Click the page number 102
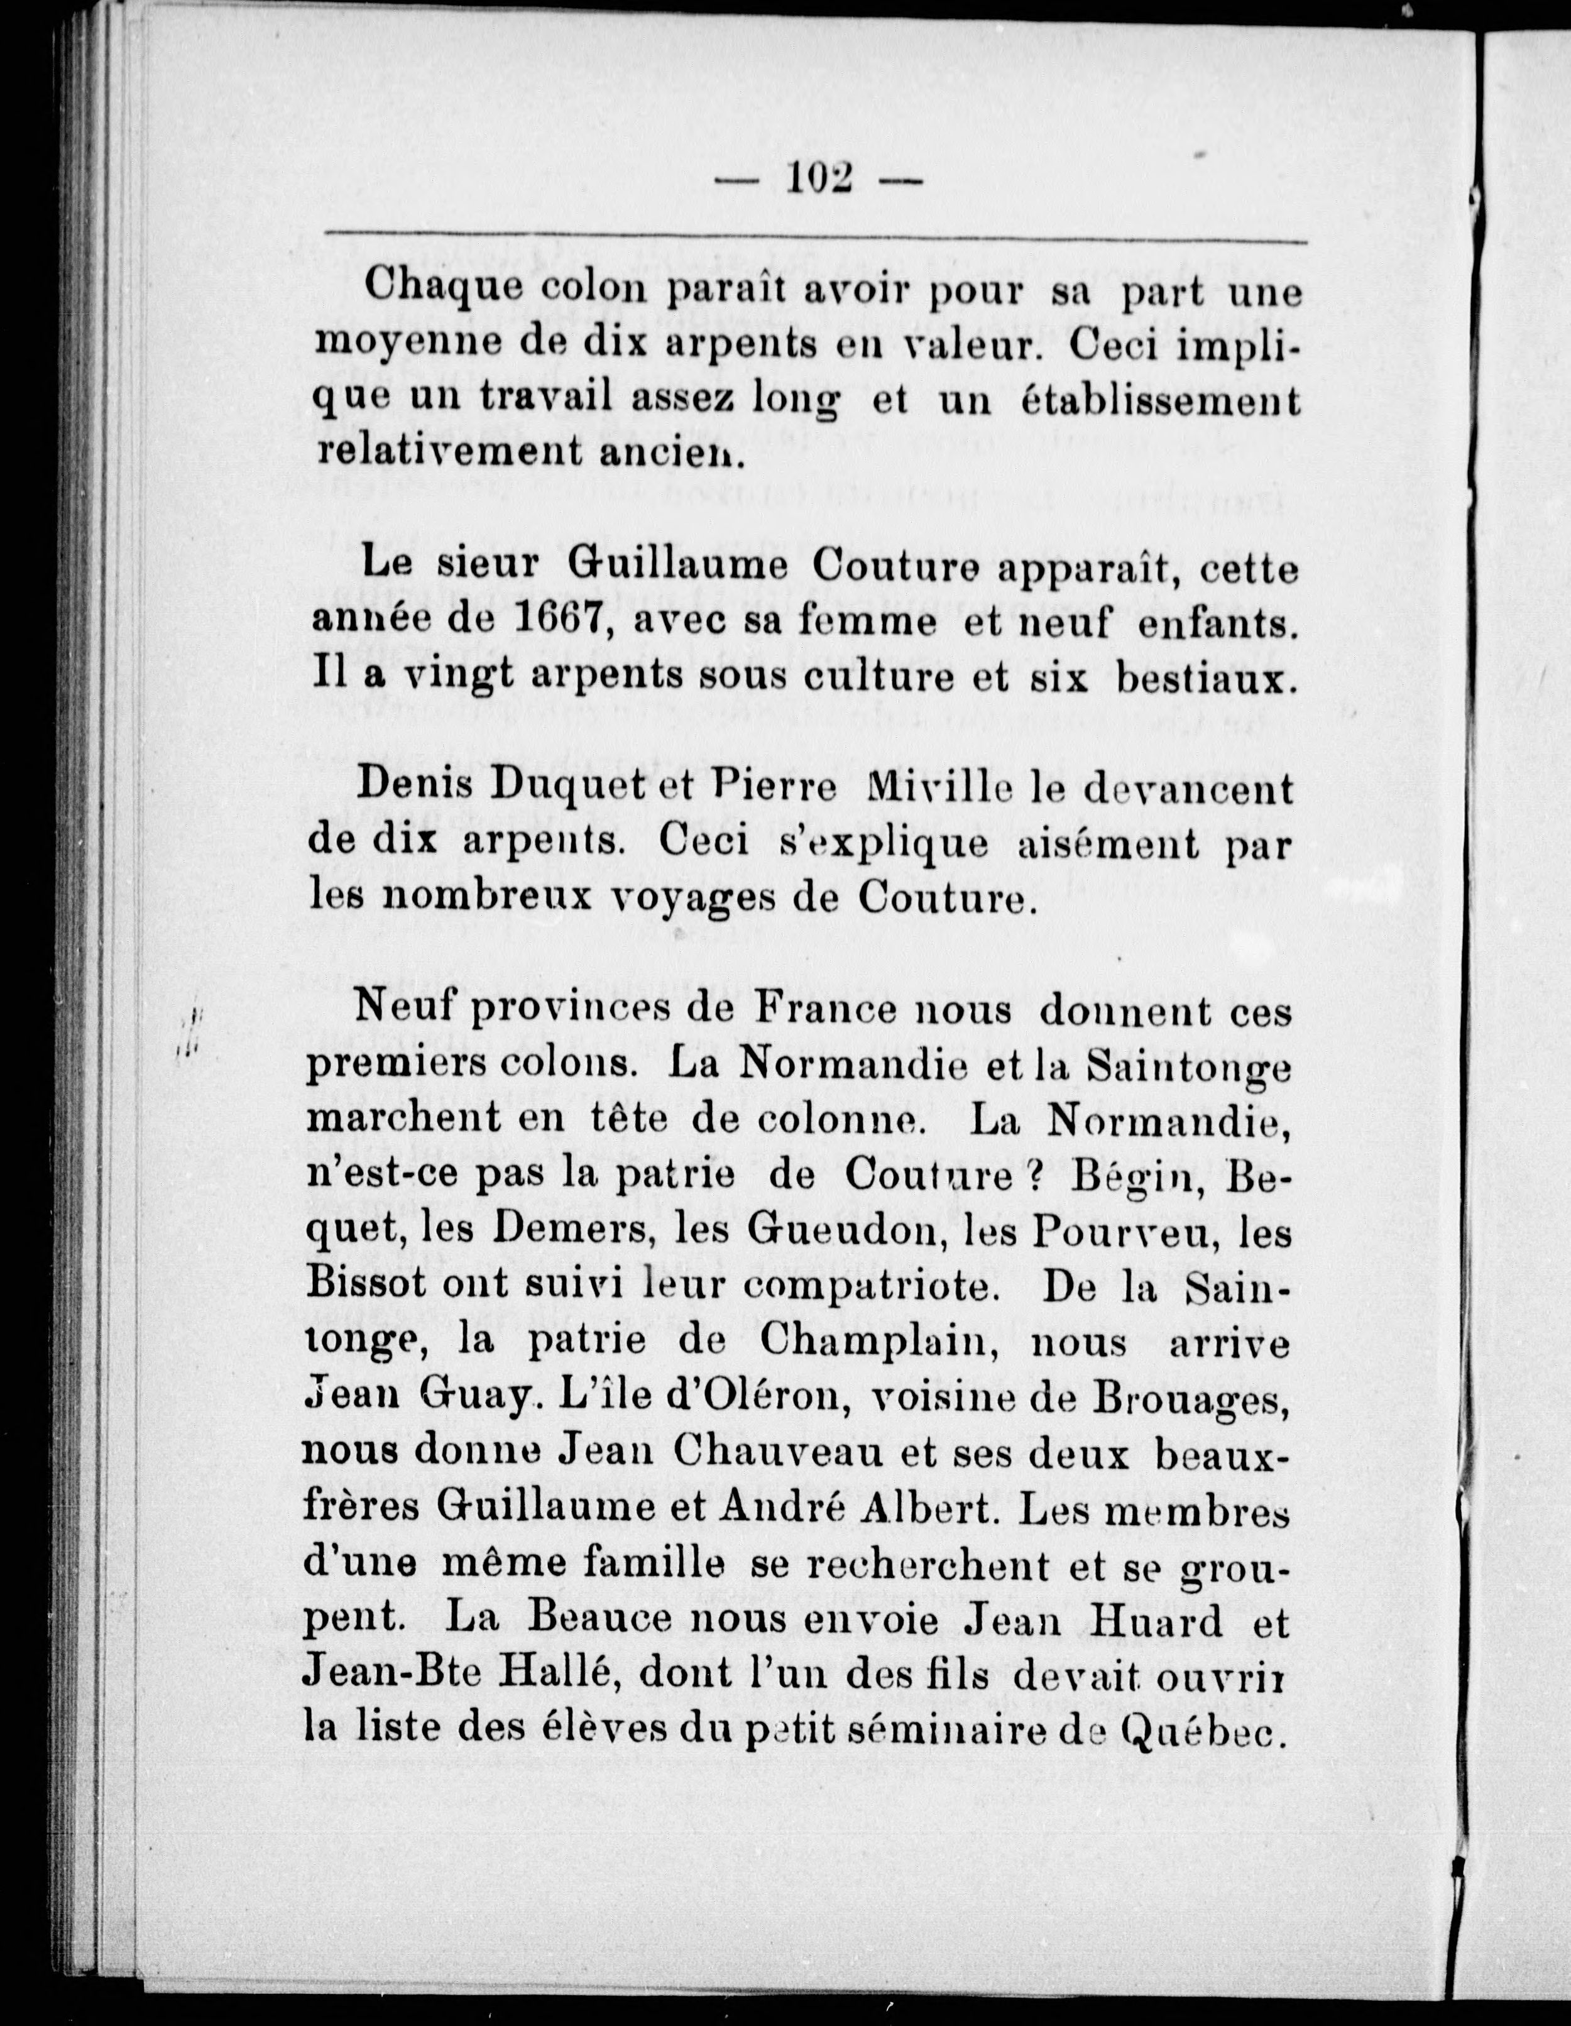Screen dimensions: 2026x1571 820,176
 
